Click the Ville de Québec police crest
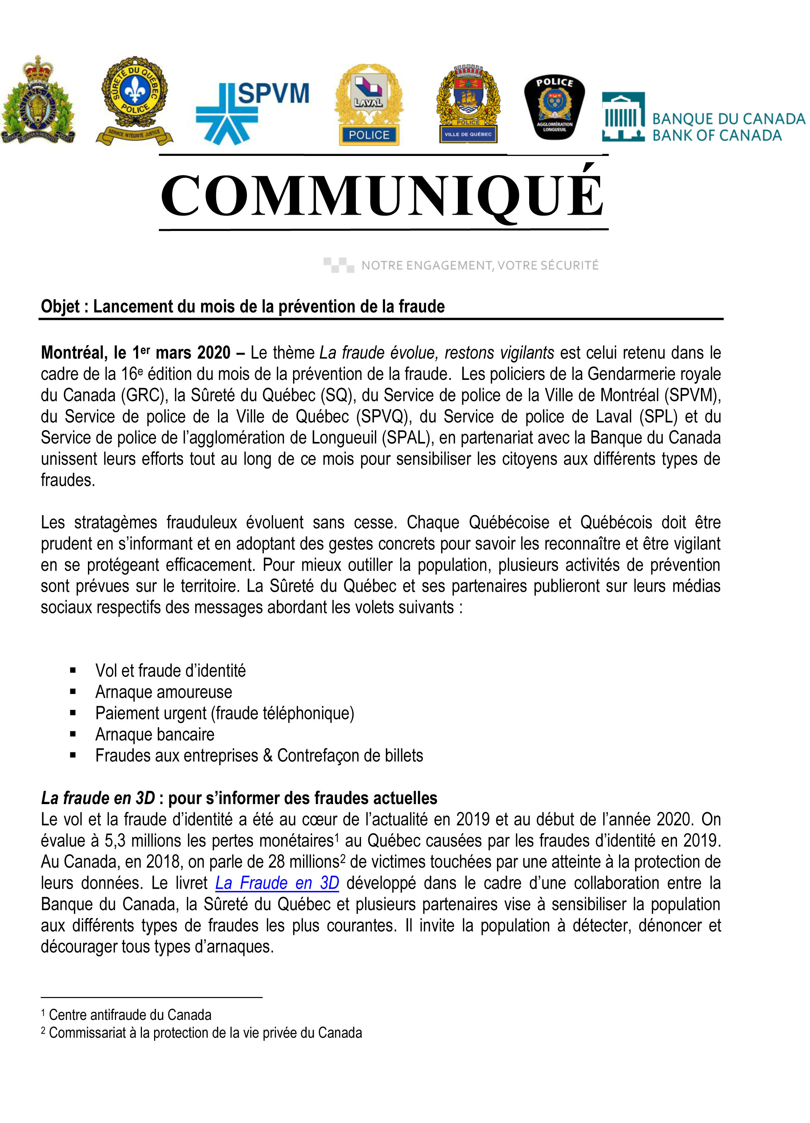(x=468, y=104)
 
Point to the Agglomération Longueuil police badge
(x=555, y=106)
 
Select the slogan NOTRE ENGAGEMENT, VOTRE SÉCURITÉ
(x=479, y=265)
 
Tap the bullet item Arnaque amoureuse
(x=163, y=692)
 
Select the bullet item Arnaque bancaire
(x=154, y=734)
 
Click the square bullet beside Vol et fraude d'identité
(x=73, y=671)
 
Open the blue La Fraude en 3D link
(x=277, y=883)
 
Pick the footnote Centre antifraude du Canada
(x=130, y=1015)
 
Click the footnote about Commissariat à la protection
(x=205, y=1033)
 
